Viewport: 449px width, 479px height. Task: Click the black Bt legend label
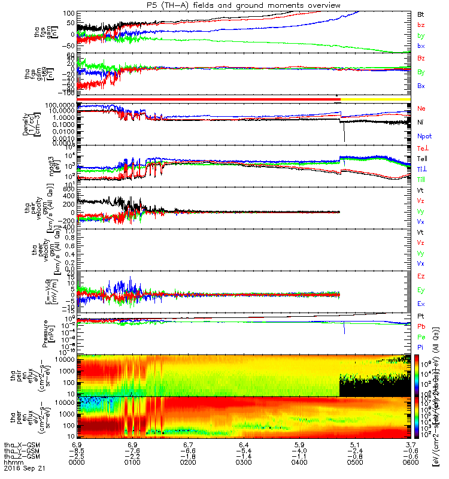(x=421, y=13)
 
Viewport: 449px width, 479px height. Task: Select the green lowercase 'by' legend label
(x=421, y=35)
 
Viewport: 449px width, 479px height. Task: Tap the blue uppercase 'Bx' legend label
(x=421, y=86)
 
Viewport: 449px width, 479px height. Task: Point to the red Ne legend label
(x=421, y=109)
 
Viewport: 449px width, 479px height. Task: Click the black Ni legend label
(x=421, y=122)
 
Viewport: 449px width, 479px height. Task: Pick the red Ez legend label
(x=421, y=277)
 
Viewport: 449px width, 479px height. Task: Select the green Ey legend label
(x=421, y=290)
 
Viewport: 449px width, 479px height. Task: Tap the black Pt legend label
(x=421, y=316)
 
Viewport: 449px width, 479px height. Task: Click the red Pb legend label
(x=421, y=326)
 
